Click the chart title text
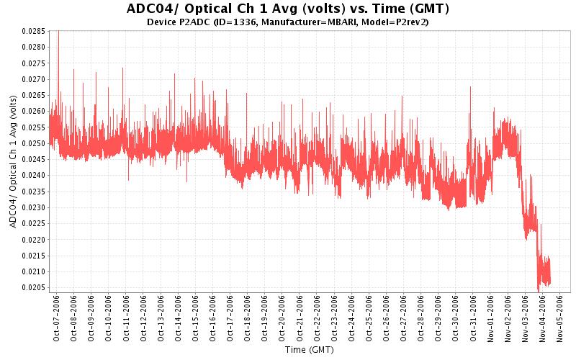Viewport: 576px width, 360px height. click(x=288, y=9)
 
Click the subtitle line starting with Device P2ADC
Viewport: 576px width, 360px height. click(x=288, y=22)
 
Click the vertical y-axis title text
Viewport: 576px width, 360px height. click(x=14, y=161)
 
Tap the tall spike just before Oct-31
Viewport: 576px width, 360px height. click(x=470, y=89)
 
